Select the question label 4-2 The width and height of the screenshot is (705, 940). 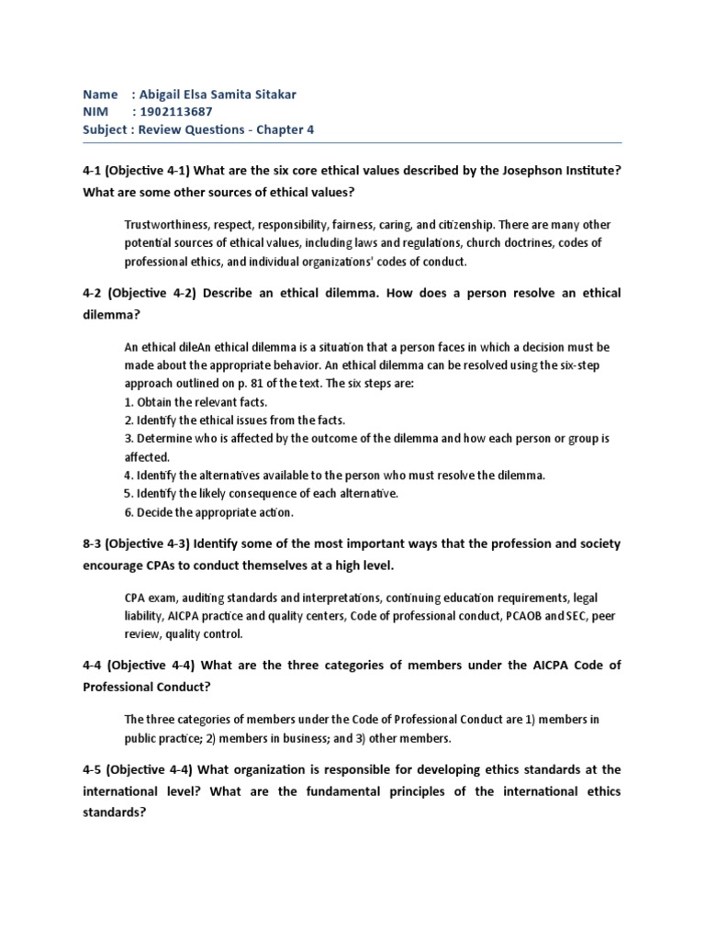click(x=95, y=293)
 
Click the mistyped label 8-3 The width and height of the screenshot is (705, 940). click(x=95, y=543)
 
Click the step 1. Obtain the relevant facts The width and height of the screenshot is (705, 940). click(x=195, y=402)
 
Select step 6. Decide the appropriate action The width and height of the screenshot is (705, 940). click(x=208, y=512)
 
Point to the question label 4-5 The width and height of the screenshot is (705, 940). click(x=95, y=769)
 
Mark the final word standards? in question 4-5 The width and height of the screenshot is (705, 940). click(x=115, y=811)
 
